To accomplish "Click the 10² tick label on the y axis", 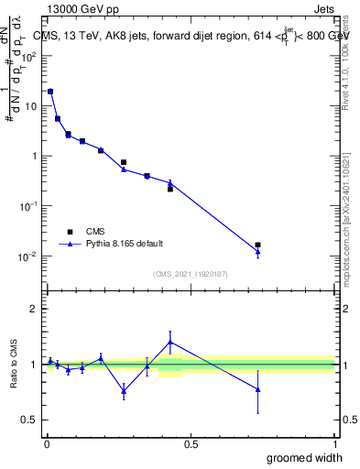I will pyautogui.click(x=29, y=56).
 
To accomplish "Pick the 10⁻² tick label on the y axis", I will pyautogui.click(x=29, y=256).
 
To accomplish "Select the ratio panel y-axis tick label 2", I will pyautogui.click(x=34, y=309).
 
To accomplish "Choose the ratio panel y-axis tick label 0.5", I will pyautogui.click(x=30, y=420).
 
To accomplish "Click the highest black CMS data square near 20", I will pyautogui.click(x=50, y=92).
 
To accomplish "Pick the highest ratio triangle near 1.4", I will pyautogui.click(x=170, y=342).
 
